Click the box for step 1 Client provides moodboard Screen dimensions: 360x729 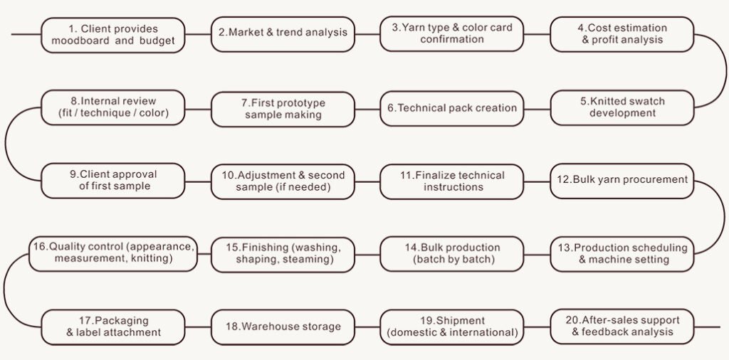tap(112, 34)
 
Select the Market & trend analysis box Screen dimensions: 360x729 tap(283, 33)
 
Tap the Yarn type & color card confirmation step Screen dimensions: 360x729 tap(452, 33)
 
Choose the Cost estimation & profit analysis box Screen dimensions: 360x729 tap(622, 33)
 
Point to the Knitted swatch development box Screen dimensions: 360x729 tap(622, 107)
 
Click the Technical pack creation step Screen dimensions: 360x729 tap(452, 107)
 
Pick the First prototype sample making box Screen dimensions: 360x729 tap(283, 108)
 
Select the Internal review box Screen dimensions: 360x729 tap(112, 107)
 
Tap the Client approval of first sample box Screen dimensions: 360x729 tap(112, 181)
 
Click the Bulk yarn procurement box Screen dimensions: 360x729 tap(622, 180)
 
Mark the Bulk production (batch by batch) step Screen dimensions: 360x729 tap(452, 253)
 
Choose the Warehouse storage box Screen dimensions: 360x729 tap(283, 327)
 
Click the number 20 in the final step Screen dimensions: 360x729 tap(567, 320)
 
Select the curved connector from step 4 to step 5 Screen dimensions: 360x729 tap(725, 71)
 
